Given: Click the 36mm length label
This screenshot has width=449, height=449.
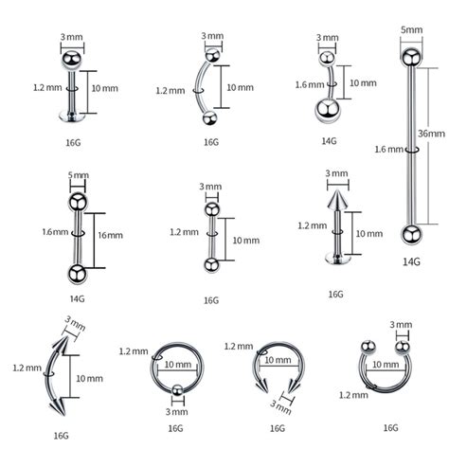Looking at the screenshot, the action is coord(431,134).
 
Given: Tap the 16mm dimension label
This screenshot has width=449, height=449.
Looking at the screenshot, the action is coord(110,235).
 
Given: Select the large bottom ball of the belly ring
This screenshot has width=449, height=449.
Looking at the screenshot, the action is coord(328,110).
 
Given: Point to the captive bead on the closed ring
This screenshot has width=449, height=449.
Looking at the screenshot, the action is coord(178,390).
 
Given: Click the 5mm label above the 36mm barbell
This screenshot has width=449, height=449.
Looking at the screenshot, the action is coord(411,30).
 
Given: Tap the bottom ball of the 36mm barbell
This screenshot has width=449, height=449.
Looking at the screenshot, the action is coord(411,234).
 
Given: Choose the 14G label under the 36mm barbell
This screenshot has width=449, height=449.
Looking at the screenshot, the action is coord(411,261).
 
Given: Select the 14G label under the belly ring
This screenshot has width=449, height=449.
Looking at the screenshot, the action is coord(329,141).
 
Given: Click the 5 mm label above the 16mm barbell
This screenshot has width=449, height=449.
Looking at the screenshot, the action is coord(79,175).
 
